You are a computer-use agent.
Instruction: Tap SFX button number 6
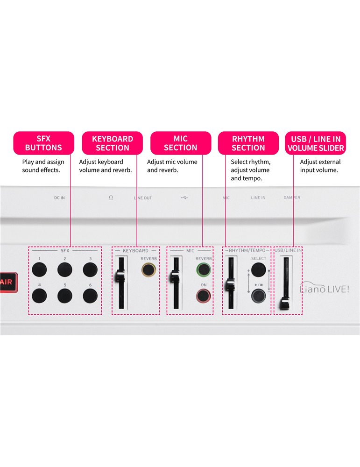click(90, 296)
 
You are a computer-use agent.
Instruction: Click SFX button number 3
click(90, 269)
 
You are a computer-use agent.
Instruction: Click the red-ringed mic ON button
click(203, 296)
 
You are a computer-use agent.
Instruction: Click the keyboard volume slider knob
click(120, 276)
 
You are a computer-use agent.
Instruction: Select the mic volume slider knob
click(176, 276)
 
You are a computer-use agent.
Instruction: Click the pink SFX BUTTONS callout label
click(43, 143)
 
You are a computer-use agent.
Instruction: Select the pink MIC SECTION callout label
click(180, 143)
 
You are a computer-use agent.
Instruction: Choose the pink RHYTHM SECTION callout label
click(248, 143)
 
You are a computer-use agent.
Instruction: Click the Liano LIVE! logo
click(324, 290)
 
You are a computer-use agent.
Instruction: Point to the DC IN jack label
click(59, 198)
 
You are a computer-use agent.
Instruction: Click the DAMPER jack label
click(292, 198)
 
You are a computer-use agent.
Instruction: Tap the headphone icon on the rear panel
click(111, 198)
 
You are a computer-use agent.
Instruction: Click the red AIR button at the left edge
click(6, 282)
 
